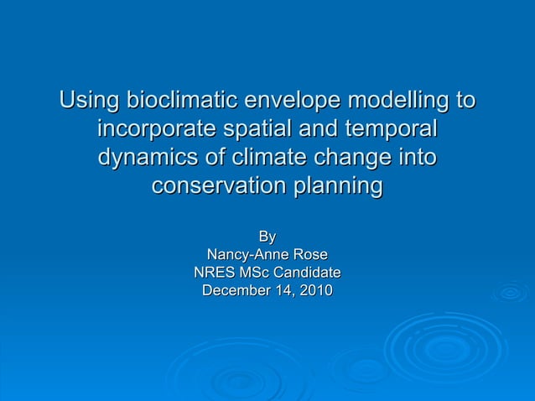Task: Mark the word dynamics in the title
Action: click(144, 159)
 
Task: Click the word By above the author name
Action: click(267, 237)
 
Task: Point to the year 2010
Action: click(314, 291)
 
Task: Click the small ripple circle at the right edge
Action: click(510, 292)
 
